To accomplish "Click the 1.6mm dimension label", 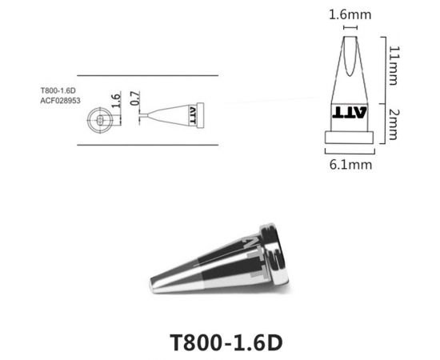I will click(x=349, y=14).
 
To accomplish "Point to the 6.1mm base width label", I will click(x=350, y=164).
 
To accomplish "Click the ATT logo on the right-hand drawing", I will click(x=350, y=110).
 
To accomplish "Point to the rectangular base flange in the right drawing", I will click(x=350, y=136).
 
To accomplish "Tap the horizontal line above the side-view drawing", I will click(x=148, y=75).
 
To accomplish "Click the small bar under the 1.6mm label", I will click(x=350, y=29).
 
